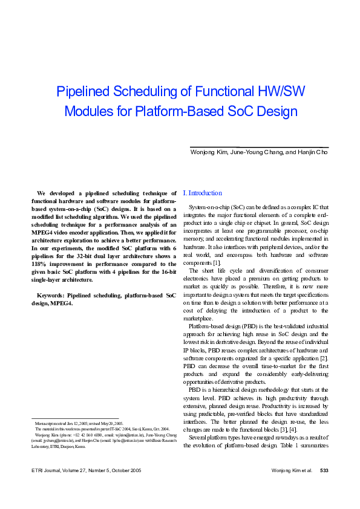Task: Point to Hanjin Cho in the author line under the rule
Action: point(311,152)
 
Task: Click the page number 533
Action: point(324,486)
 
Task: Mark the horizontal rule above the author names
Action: point(259,147)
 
